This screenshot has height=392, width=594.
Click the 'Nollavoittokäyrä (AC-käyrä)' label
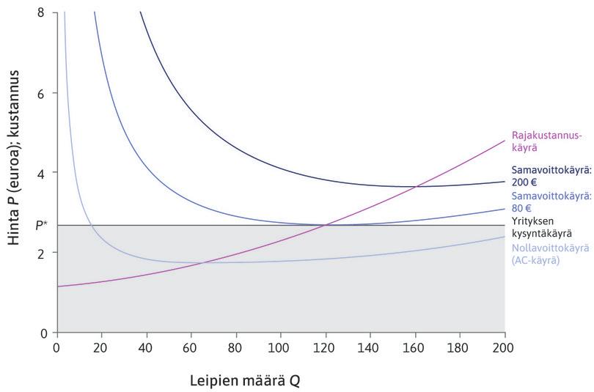(x=550, y=254)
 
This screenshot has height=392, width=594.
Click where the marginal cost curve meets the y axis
(x=57, y=286)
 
